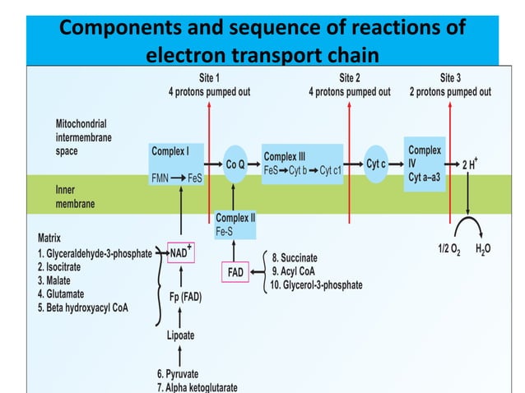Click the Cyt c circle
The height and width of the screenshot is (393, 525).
pyautogui.click(x=377, y=164)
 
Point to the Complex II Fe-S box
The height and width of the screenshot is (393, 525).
pyautogui.click(x=233, y=224)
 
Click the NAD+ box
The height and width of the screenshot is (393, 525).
pyautogui.click(x=180, y=253)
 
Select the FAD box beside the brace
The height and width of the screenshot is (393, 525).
pyautogui.click(x=235, y=271)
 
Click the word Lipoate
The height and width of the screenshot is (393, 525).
pyautogui.click(x=179, y=335)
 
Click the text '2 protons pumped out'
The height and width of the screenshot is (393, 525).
pyautogui.click(x=450, y=92)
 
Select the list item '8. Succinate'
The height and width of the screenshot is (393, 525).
pyautogui.click(x=294, y=258)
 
